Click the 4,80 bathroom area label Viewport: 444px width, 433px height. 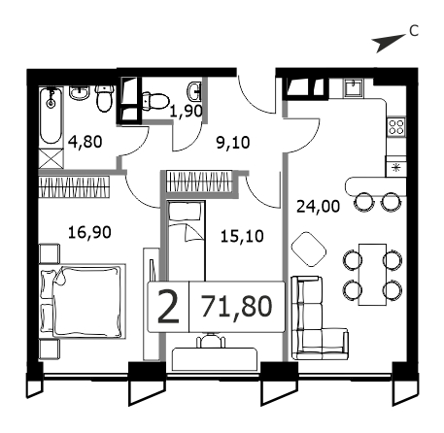tap(85, 142)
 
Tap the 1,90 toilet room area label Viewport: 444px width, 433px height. tap(187, 111)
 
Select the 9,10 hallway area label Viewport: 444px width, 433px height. tap(233, 143)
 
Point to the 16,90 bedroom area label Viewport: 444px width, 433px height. tap(89, 232)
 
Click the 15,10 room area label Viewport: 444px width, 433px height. tap(242, 236)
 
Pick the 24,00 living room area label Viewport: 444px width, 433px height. tap(319, 206)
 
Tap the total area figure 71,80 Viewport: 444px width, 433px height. tap(237, 306)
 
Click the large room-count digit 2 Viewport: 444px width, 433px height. tap(168, 307)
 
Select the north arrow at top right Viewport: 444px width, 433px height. tap(389, 43)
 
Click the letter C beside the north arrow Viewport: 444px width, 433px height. tap(414, 31)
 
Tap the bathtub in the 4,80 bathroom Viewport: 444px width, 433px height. tap(51, 116)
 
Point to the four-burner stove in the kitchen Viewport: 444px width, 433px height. tap(396, 127)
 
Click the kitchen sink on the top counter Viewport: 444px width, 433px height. tap(354, 86)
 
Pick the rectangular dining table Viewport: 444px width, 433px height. tap(372, 275)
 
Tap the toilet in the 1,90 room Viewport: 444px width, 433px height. tap(155, 101)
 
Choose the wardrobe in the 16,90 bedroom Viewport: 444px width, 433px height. tap(74, 186)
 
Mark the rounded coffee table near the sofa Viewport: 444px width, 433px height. tap(309, 250)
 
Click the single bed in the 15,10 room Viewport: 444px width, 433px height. tap(187, 241)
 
